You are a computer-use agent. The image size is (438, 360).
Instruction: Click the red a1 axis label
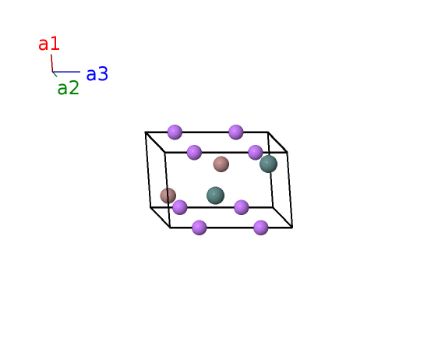point(49,44)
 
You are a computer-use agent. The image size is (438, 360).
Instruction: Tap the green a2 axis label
point(69,88)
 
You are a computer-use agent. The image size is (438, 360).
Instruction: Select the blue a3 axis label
point(97,74)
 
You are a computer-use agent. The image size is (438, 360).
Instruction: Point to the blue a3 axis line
point(66,72)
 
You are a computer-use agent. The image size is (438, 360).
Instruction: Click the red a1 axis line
point(51,63)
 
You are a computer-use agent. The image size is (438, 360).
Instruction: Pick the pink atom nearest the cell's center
point(221,164)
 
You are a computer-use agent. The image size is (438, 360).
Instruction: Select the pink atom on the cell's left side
point(168,196)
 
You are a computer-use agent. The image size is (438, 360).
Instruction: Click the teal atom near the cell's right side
point(268,164)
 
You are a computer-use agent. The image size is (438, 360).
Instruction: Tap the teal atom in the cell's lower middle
point(215,196)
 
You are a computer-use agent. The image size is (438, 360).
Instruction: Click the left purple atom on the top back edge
point(175,132)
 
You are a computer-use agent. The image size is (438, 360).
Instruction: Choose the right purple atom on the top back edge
point(236,132)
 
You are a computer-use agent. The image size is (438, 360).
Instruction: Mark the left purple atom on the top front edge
point(194,153)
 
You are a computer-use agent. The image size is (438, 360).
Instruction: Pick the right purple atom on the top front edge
point(256,153)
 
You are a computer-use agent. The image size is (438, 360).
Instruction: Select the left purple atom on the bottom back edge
point(179,207)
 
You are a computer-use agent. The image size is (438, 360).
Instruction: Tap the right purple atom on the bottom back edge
point(241,207)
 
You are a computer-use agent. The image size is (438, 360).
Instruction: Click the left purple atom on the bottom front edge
point(200,228)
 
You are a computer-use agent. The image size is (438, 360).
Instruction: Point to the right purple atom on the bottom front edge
point(261,228)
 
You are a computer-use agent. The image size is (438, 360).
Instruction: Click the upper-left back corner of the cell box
point(145,132)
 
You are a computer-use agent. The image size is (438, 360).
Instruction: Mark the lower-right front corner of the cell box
point(292,228)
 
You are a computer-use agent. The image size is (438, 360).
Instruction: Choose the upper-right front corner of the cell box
point(287,152)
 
